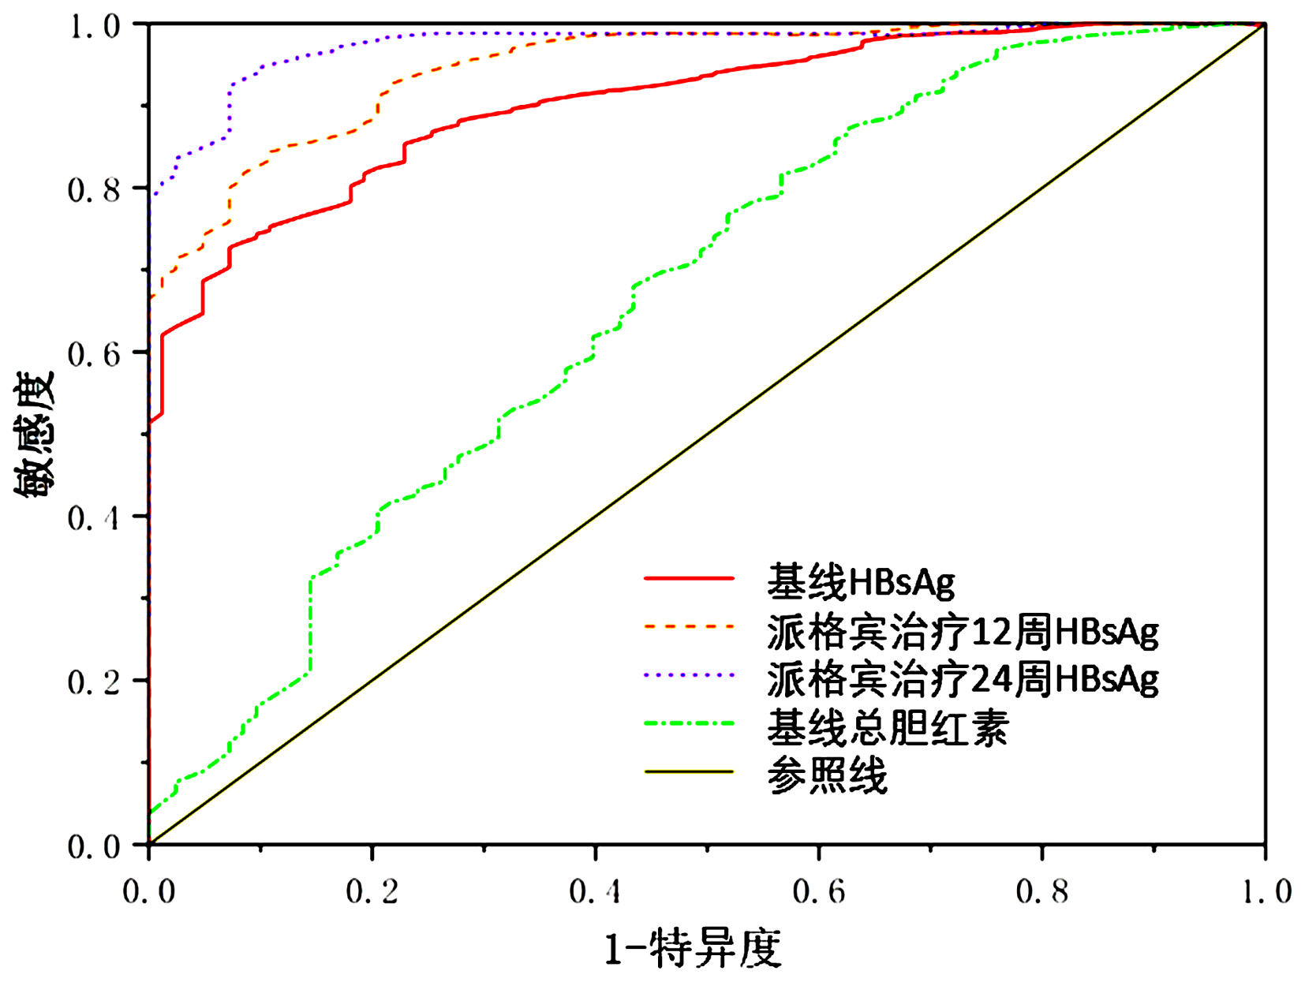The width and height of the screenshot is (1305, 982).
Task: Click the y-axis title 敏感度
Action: (x=35, y=434)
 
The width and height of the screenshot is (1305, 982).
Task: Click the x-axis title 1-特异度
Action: (x=692, y=948)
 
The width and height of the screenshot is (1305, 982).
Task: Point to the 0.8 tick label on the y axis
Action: (x=93, y=190)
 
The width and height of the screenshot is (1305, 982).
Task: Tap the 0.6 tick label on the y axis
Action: (x=93, y=354)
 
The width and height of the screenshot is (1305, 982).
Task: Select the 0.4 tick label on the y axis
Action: (x=93, y=518)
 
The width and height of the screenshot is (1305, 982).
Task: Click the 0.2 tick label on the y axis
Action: (x=93, y=682)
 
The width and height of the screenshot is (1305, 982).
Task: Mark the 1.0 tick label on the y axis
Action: (x=93, y=27)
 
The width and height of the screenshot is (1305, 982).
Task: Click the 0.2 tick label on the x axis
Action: (x=372, y=891)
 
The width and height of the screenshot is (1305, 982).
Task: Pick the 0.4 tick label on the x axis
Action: (x=595, y=891)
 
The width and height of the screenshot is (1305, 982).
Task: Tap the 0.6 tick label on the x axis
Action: (x=819, y=891)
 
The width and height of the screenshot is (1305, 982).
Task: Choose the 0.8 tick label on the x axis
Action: (x=1042, y=891)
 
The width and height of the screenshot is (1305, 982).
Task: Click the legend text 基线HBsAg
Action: (x=860, y=582)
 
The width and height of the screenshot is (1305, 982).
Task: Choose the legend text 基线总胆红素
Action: (x=888, y=727)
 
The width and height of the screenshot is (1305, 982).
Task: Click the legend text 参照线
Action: (x=827, y=775)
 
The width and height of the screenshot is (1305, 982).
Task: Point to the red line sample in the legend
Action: (x=689, y=579)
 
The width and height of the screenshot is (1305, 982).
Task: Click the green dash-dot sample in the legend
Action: (x=689, y=723)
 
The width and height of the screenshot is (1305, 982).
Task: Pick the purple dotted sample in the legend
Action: (x=689, y=675)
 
